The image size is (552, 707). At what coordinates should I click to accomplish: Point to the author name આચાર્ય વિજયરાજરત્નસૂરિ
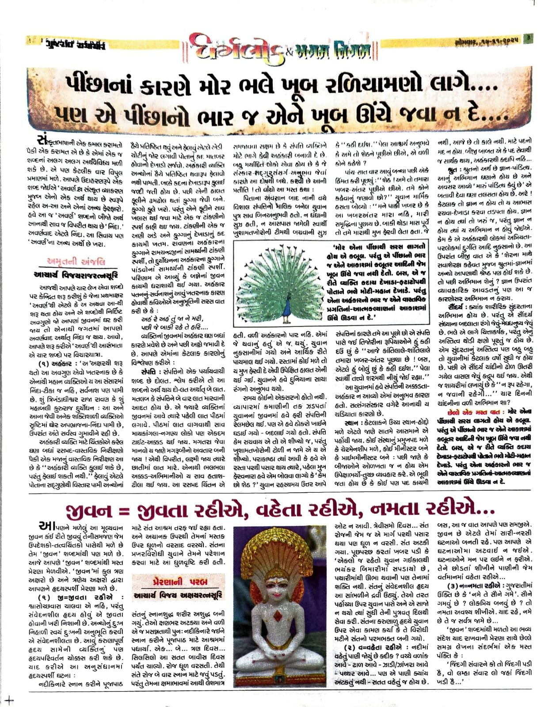point(76,275)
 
